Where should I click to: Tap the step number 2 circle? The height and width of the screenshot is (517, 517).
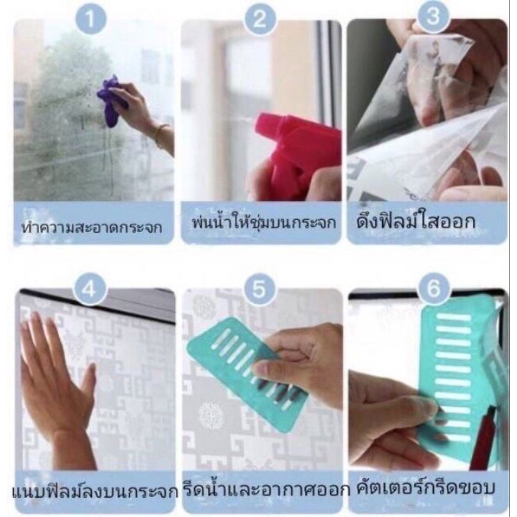pyautogui.click(x=259, y=19)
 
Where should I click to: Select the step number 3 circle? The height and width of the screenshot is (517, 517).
pyautogui.click(x=433, y=17)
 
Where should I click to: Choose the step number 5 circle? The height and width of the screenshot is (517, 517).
pyautogui.click(x=260, y=289)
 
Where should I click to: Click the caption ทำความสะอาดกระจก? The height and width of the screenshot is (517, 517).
pyautogui.click(x=92, y=227)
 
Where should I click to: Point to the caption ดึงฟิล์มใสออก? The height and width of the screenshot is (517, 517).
pyautogui.click(x=416, y=221)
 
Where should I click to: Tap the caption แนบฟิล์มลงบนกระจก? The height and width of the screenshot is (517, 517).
pyautogui.click(x=95, y=492)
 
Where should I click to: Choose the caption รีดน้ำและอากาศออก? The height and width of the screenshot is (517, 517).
pyautogui.click(x=266, y=489)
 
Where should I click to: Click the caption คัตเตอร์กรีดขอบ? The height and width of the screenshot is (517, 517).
pyautogui.click(x=426, y=487)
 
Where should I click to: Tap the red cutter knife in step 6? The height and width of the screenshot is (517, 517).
pyautogui.click(x=483, y=435)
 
